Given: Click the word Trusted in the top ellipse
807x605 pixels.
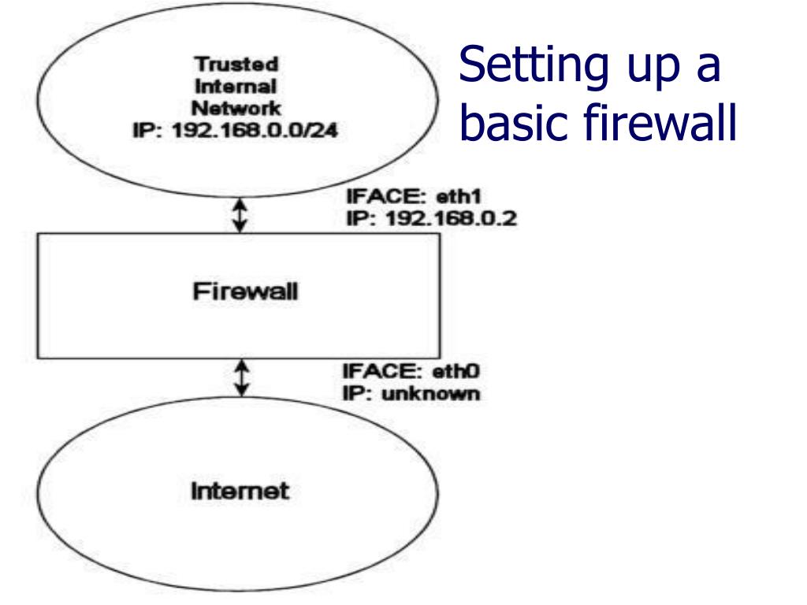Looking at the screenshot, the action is point(236,65).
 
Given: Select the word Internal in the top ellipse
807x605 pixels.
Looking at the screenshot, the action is point(236,87).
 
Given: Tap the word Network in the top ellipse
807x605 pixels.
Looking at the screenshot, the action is point(236,108).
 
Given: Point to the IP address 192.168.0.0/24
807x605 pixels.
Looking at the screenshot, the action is point(255,130).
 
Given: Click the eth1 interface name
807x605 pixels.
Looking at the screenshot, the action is point(459,196).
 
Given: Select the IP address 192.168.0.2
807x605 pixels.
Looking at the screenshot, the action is point(451,219).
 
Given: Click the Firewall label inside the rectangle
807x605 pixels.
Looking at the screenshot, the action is point(245,291).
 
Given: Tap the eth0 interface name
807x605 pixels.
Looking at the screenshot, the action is point(456,371).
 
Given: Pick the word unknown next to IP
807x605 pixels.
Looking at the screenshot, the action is point(431,394).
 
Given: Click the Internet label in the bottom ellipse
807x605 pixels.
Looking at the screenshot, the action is point(240,491).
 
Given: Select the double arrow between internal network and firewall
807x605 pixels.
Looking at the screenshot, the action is point(240,215).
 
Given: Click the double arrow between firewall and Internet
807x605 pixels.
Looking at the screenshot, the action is point(241,378).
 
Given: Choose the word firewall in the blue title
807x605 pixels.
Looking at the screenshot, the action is point(660,122).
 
